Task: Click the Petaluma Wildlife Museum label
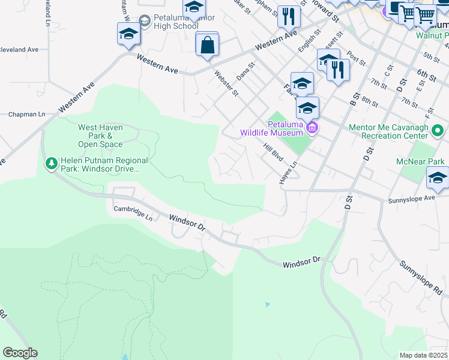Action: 272,128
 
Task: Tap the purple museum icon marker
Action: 312,128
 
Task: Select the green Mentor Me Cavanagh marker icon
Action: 438,130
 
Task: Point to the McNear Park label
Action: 420,162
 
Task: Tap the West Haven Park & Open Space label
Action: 100,136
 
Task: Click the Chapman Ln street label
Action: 26,114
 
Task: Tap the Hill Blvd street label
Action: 273,151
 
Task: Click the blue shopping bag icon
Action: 207,45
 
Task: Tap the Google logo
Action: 20,353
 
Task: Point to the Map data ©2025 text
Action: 423,355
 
